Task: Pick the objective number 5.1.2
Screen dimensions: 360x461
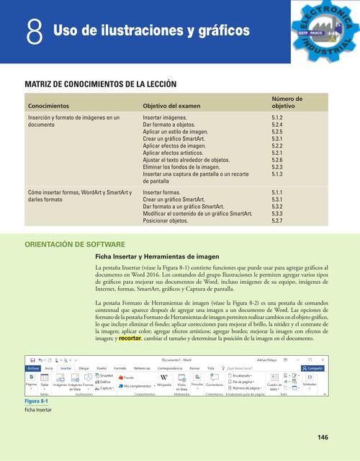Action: (277, 117)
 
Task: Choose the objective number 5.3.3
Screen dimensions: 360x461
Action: (277, 214)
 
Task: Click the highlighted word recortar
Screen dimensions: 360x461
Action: (130, 337)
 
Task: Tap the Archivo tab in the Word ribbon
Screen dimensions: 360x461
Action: (33, 367)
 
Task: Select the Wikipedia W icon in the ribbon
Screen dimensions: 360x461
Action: (163, 377)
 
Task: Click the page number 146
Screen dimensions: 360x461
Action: (323, 437)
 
